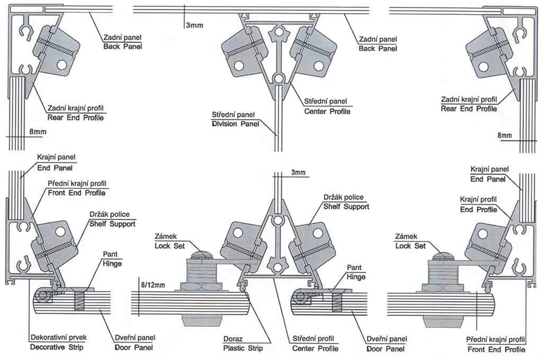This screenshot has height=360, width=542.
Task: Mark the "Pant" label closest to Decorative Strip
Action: coord(110,254)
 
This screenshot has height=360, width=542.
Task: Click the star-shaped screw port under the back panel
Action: coord(276,38)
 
